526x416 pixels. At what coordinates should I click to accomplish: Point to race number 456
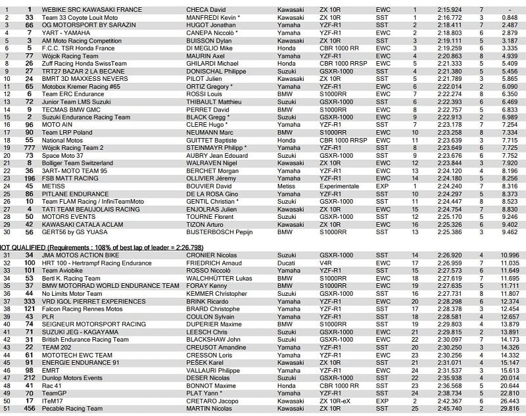click(x=29, y=408)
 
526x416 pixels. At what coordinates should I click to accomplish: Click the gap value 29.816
click(x=509, y=408)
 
